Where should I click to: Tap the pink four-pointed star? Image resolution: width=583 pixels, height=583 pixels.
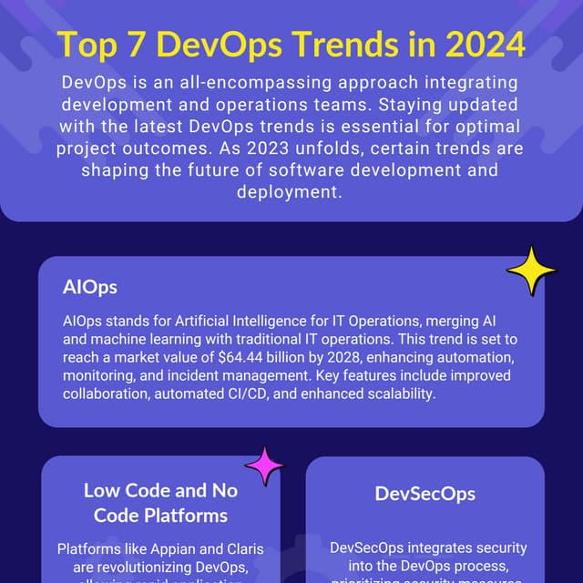[x=264, y=466]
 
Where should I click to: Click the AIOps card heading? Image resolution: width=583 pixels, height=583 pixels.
[x=90, y=287]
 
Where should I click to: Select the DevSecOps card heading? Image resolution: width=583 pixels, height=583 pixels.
[x=424, y=495]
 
